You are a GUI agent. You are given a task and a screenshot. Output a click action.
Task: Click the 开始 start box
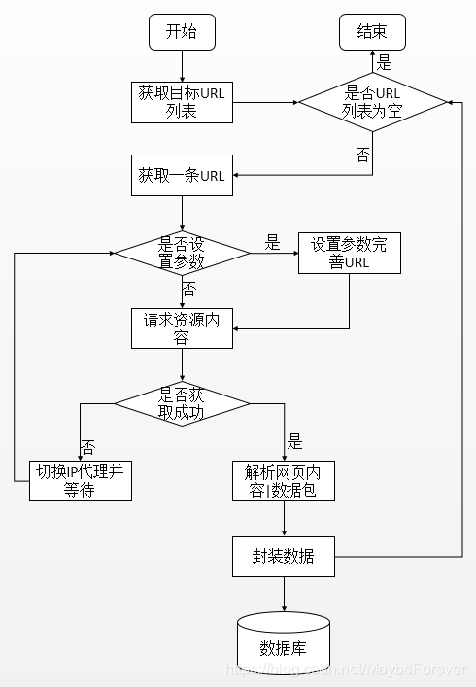point(181,32)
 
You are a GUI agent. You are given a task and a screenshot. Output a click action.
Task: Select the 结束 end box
point(373,32)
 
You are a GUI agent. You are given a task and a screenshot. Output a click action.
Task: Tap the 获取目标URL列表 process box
point(182,102)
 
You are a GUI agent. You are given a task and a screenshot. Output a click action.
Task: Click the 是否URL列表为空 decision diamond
point(373,102)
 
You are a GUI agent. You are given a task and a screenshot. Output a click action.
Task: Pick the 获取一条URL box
point(182,176)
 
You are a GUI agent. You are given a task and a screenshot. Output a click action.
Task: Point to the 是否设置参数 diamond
point(182,253)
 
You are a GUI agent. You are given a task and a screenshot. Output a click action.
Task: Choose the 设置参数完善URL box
point(349,253)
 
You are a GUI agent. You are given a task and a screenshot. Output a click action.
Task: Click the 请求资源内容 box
point(182,327)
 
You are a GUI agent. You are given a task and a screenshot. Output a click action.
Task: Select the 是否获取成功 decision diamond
point(182,402)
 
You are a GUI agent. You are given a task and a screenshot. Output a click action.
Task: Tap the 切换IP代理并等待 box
point(80,480)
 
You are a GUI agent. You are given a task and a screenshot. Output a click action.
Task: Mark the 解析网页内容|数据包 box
point(284,480)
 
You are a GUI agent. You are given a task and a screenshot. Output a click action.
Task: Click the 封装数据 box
point(284,556)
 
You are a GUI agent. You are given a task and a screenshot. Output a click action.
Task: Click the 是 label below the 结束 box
point(384,63)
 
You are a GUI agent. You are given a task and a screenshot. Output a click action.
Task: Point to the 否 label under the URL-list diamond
point(362,154)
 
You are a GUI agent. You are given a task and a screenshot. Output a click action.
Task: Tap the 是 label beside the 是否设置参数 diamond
point(272,242)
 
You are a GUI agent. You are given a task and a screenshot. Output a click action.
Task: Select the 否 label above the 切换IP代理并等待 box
point(88,447)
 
